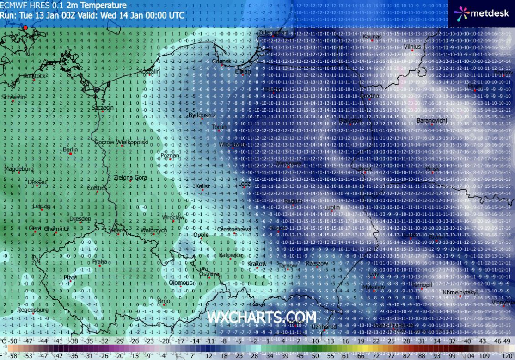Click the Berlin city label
(70, 149)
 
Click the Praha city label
(100, 261)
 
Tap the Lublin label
(332, 207)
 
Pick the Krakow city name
(257, 264)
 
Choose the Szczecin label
(103, 108)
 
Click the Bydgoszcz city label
(203, 115)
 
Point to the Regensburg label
(33, 310)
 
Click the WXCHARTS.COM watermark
(262, 317)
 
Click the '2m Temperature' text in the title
(96, 6)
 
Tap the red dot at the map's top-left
(25, 28)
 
